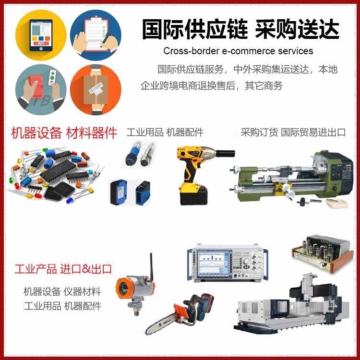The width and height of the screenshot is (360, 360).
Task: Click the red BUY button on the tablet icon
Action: pyautogui.click(x=41, y=43)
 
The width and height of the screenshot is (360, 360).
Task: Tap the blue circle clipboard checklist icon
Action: pyautogui.click(x=96, y=35)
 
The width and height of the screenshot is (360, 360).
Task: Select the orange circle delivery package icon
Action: pyautogui.click(x=96, y=90)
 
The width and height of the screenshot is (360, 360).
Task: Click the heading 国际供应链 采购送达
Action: pyautogui.click(x=240, y=29)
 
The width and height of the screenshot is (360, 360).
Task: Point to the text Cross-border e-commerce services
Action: pyautogui.click(x=238, y=51)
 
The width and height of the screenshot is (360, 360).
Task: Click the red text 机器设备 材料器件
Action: pyautogui.click(x=64, y=132)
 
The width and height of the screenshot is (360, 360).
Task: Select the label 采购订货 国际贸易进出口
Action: pyautogui.click(x=293, y=132)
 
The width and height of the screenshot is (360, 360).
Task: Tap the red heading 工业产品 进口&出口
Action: pyautogui.click(x=63, y=269)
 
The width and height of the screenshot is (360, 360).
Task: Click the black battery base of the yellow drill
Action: pyautogui.click(x=194, y=195)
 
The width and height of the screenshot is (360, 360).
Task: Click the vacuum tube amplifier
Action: pyautogui.click(x=323, y=254)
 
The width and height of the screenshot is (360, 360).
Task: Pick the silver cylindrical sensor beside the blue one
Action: pyautogui.click(x=147, y=154)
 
